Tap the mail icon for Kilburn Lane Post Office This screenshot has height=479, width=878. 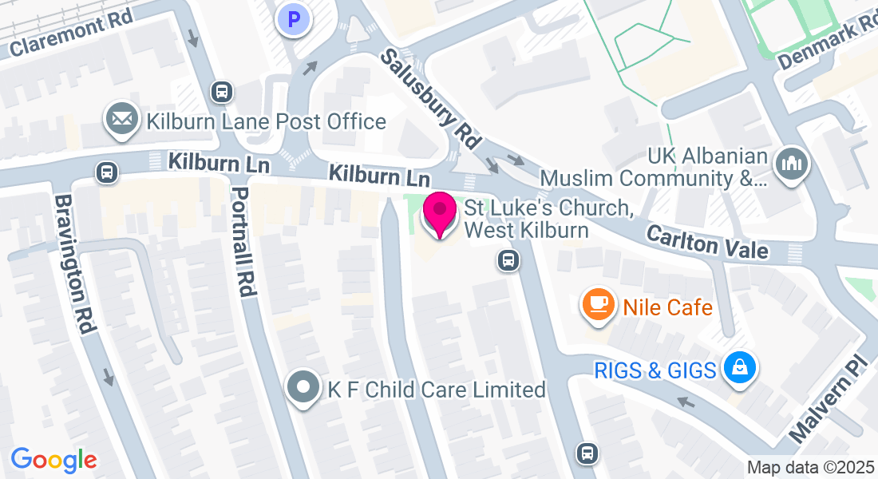point(121,120)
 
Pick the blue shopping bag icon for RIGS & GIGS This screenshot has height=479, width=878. point(740,368)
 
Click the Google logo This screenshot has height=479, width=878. point(53,460)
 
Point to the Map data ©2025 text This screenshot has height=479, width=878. point(811,467)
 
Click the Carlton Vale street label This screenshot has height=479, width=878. point(706,241)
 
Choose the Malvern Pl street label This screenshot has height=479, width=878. point(827,398)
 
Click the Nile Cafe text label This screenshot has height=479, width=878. point(667,307)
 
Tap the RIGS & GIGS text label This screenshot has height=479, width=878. point(655,370)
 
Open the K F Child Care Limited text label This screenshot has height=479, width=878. point(437,390)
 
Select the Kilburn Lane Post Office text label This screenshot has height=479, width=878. point(267,121)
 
